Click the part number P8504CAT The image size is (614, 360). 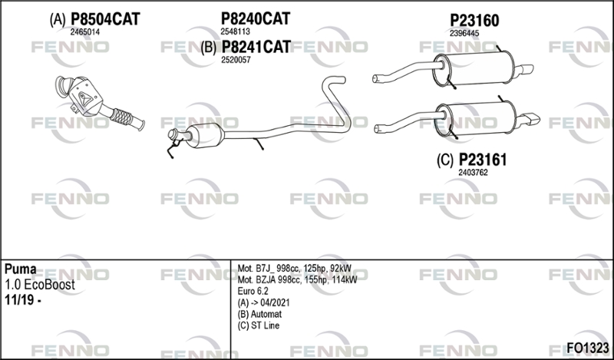coord(105,18)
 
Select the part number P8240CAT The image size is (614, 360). coord(256,18)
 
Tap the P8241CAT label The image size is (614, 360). coord(256,47)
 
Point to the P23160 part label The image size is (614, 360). coord(474,21)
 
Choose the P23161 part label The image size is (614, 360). coord(483,160)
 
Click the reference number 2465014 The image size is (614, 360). coord(85,32)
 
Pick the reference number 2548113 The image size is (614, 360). coord(236,31)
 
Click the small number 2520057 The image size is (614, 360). coord(236,60)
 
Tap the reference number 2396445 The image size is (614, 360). coord(464,33)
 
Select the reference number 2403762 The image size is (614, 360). coord(473,173)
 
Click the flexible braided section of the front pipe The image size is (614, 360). coord(121,117)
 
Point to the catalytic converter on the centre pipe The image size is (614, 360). coord(204,136)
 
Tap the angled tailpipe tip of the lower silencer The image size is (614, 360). coord(529,119)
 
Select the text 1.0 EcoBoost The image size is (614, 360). coord(40,285)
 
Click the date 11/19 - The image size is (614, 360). coord(23,300)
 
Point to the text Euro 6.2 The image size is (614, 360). coord(253,291)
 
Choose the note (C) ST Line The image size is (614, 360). coord(259,325)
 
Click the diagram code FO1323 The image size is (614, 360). coord(588,348)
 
